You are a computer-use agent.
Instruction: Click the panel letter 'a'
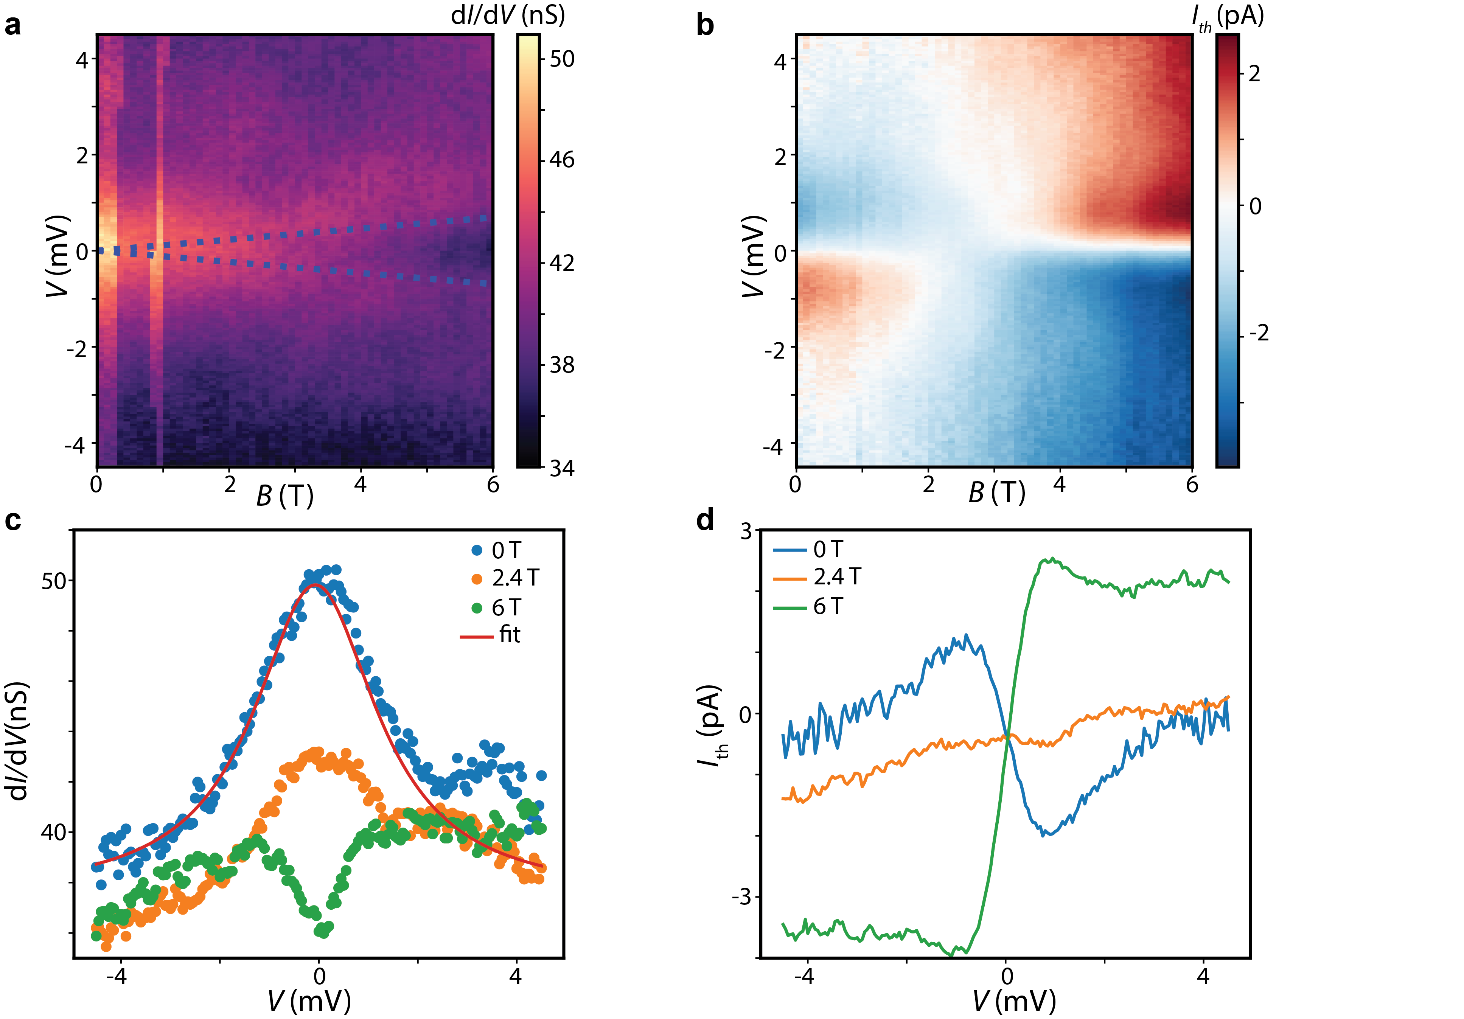(13, 25)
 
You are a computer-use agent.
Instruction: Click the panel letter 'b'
(705, 25)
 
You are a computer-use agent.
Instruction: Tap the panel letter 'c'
(13, 521)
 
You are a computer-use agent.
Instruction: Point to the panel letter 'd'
(705, 520)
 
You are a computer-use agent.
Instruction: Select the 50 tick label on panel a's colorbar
(562, 59)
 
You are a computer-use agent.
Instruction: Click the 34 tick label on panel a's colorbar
(562, 469)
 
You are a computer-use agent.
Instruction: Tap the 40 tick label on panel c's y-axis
(54, 832)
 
